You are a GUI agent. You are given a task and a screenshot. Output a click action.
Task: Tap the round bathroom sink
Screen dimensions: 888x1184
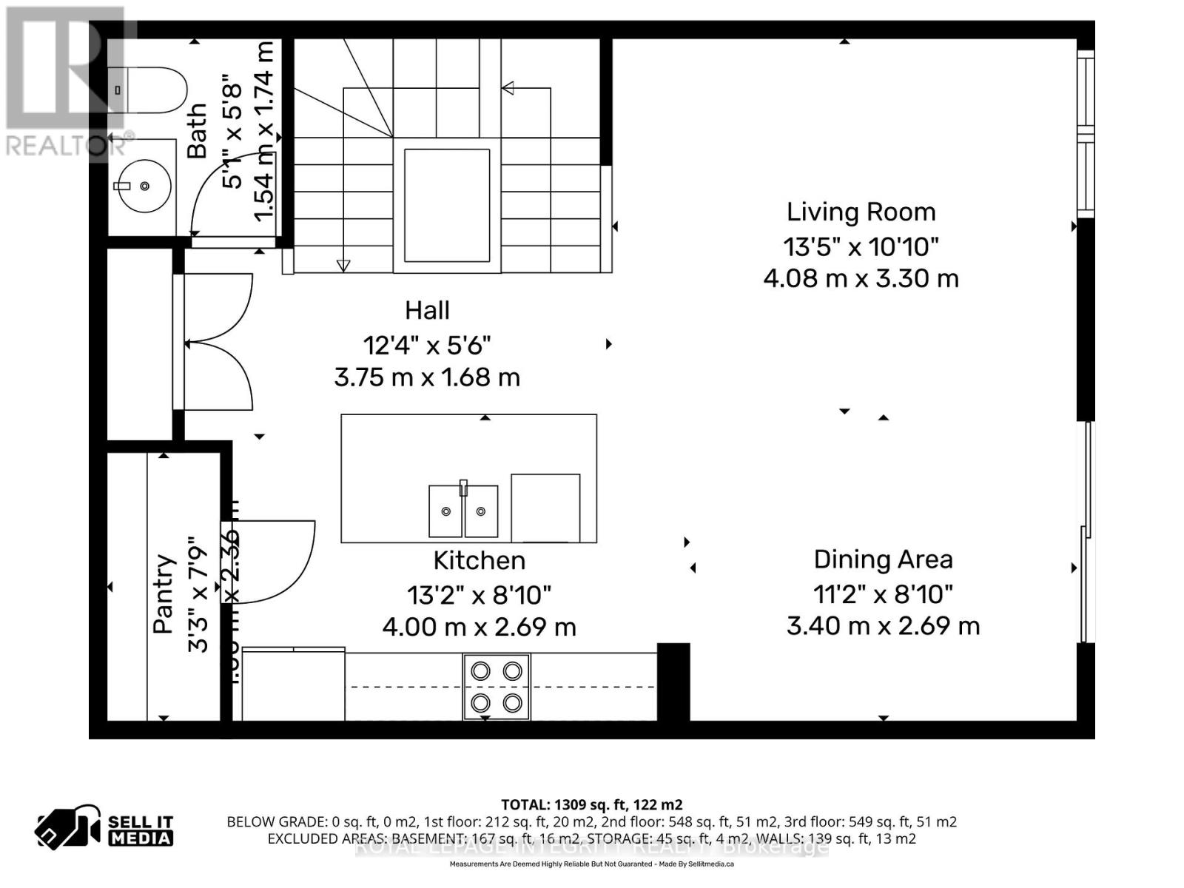tap(145, 186)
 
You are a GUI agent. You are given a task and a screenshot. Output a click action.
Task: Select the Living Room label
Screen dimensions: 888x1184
tap(861, 212)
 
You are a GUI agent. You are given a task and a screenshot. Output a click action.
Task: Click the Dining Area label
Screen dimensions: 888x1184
tap(883, 559)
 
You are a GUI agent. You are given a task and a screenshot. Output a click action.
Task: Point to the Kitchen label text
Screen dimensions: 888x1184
tap(479, 561)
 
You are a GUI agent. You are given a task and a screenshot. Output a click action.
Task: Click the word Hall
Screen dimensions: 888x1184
tap(427, 310)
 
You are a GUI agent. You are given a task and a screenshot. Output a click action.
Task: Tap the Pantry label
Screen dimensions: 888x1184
tap(164, 593)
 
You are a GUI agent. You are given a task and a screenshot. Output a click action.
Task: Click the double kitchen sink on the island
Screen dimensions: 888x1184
tap(463, 511)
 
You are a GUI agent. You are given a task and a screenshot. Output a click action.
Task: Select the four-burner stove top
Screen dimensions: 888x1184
tap(497, 686)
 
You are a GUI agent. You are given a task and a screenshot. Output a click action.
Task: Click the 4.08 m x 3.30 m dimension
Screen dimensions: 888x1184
tap(861, 279)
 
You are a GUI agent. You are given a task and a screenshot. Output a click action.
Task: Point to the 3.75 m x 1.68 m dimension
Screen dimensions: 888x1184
tap(427, 377)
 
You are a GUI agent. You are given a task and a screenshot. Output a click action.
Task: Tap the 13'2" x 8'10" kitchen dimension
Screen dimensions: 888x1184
tap(479, 594)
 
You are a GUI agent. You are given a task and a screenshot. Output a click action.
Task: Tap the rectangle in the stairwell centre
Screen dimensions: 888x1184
tap(447, 205)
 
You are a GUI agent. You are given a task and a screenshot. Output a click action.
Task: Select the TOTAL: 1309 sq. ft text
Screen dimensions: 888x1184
tap(591, 804)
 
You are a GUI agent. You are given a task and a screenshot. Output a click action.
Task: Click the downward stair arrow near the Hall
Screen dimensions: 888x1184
tap(343, 265)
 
